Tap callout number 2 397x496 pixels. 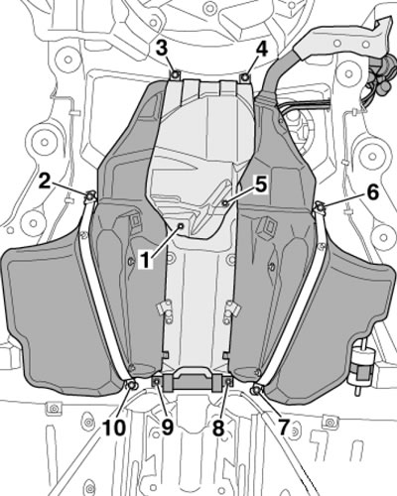46,181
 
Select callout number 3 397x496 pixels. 162,50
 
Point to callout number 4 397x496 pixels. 260,50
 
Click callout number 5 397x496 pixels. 261,186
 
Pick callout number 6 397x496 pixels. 372,192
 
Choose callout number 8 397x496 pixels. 218,428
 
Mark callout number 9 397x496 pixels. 167,428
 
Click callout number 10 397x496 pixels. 114,428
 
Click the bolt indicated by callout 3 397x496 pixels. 176,75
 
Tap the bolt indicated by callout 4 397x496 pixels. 245,76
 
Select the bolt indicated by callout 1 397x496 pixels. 182,225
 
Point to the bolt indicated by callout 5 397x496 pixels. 225,202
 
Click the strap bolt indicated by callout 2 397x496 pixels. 89,196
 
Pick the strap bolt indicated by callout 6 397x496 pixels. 320,206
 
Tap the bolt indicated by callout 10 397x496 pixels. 131,385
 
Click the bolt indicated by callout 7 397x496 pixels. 255,391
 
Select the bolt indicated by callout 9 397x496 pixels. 157,382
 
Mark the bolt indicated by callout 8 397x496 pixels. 227,383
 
